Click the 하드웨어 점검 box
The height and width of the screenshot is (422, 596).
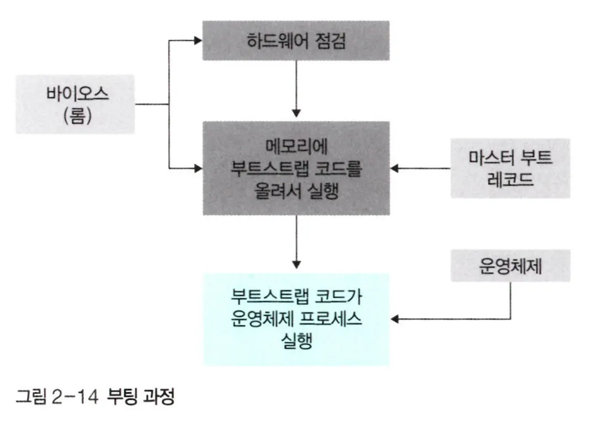[296, 40]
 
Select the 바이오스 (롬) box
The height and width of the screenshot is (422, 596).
[75, 104]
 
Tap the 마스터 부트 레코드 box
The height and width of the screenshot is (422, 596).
[510, 168]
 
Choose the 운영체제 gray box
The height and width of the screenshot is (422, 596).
[510, 267]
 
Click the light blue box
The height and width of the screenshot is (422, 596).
[296, 319]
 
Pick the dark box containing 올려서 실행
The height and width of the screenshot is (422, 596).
[296, 168]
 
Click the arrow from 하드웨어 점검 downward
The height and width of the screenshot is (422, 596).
[297, 88]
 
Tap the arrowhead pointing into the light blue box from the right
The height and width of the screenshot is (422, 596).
[396, 319]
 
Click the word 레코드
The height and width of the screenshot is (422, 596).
[510, 179]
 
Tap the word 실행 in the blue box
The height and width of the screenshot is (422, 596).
[296, 339]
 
